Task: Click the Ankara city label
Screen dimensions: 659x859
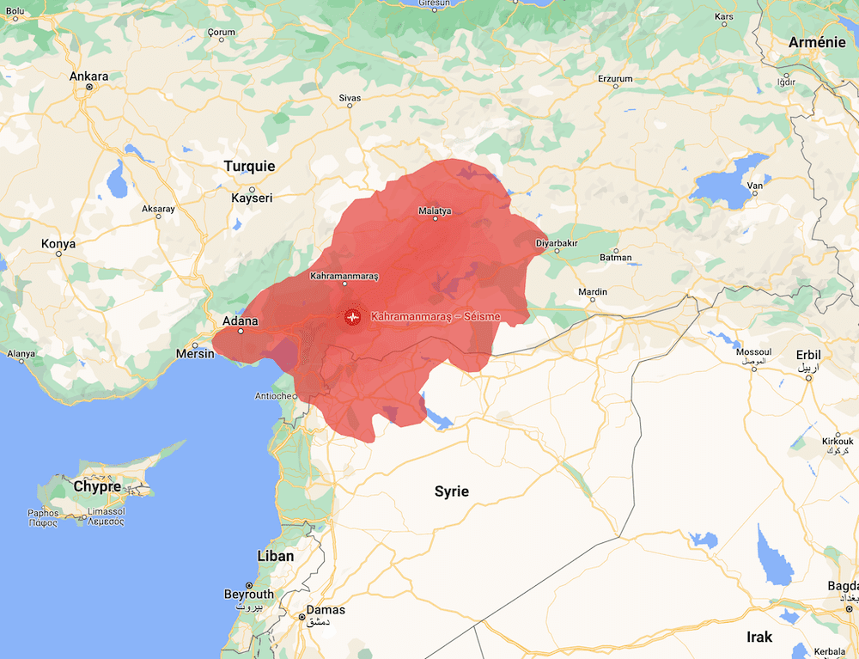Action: [89, 76]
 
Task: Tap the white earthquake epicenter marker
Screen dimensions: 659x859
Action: [352, 317]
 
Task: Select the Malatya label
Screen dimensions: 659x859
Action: [435, 211]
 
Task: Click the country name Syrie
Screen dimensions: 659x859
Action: [451, 491]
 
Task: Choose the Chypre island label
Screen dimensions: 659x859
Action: [97, 486]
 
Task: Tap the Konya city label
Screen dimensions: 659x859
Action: [58, 244]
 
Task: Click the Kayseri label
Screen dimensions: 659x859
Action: [252, 198]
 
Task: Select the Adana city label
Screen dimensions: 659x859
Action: [241, 321]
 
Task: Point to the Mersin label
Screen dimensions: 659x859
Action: [193, 352]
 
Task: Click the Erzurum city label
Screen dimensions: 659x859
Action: [615, 78]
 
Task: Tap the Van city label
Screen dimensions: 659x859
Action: [756, 186]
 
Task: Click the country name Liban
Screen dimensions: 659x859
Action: [276, 556]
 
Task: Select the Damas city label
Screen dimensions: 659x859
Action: [326, 610]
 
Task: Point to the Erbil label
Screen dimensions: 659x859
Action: [808, 354]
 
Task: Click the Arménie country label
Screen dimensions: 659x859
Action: [817, 42]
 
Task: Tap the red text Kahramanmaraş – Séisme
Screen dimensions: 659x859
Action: [436, 317]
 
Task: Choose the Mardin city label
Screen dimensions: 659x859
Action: [593, 292]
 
